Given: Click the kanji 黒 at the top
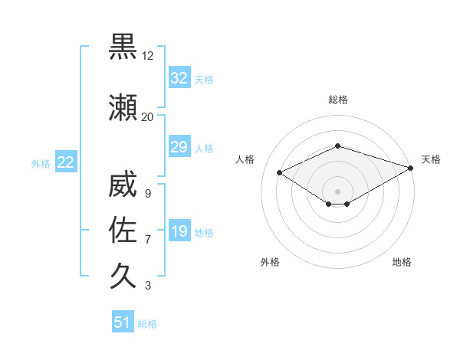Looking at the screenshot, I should [x=123, y=47].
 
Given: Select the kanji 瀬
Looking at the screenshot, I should [x=123, y=108].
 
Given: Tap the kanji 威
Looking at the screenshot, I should [x=123, y=187].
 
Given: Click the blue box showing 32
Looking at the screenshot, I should [x=179, y=78].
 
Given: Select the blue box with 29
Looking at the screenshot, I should [x=179, y=147].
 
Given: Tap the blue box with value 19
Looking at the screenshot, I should [x=179, y=231].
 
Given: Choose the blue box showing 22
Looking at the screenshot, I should [x=65, y=162].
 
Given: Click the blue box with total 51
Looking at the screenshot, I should [x=122, y=322].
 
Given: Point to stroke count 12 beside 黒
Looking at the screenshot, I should [x=148, y=56].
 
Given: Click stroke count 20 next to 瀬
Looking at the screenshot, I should [x=148, y=116].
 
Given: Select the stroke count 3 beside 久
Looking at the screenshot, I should [x=148, y=286].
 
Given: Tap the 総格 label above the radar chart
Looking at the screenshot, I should [x=338, y=100].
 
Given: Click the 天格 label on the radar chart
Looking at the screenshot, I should [x=431, y=159].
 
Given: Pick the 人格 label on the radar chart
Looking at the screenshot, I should [x=245, y=159].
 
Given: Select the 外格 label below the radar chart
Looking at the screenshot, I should [x=270, y=262].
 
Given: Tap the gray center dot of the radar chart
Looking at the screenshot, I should [x=338, y=191].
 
